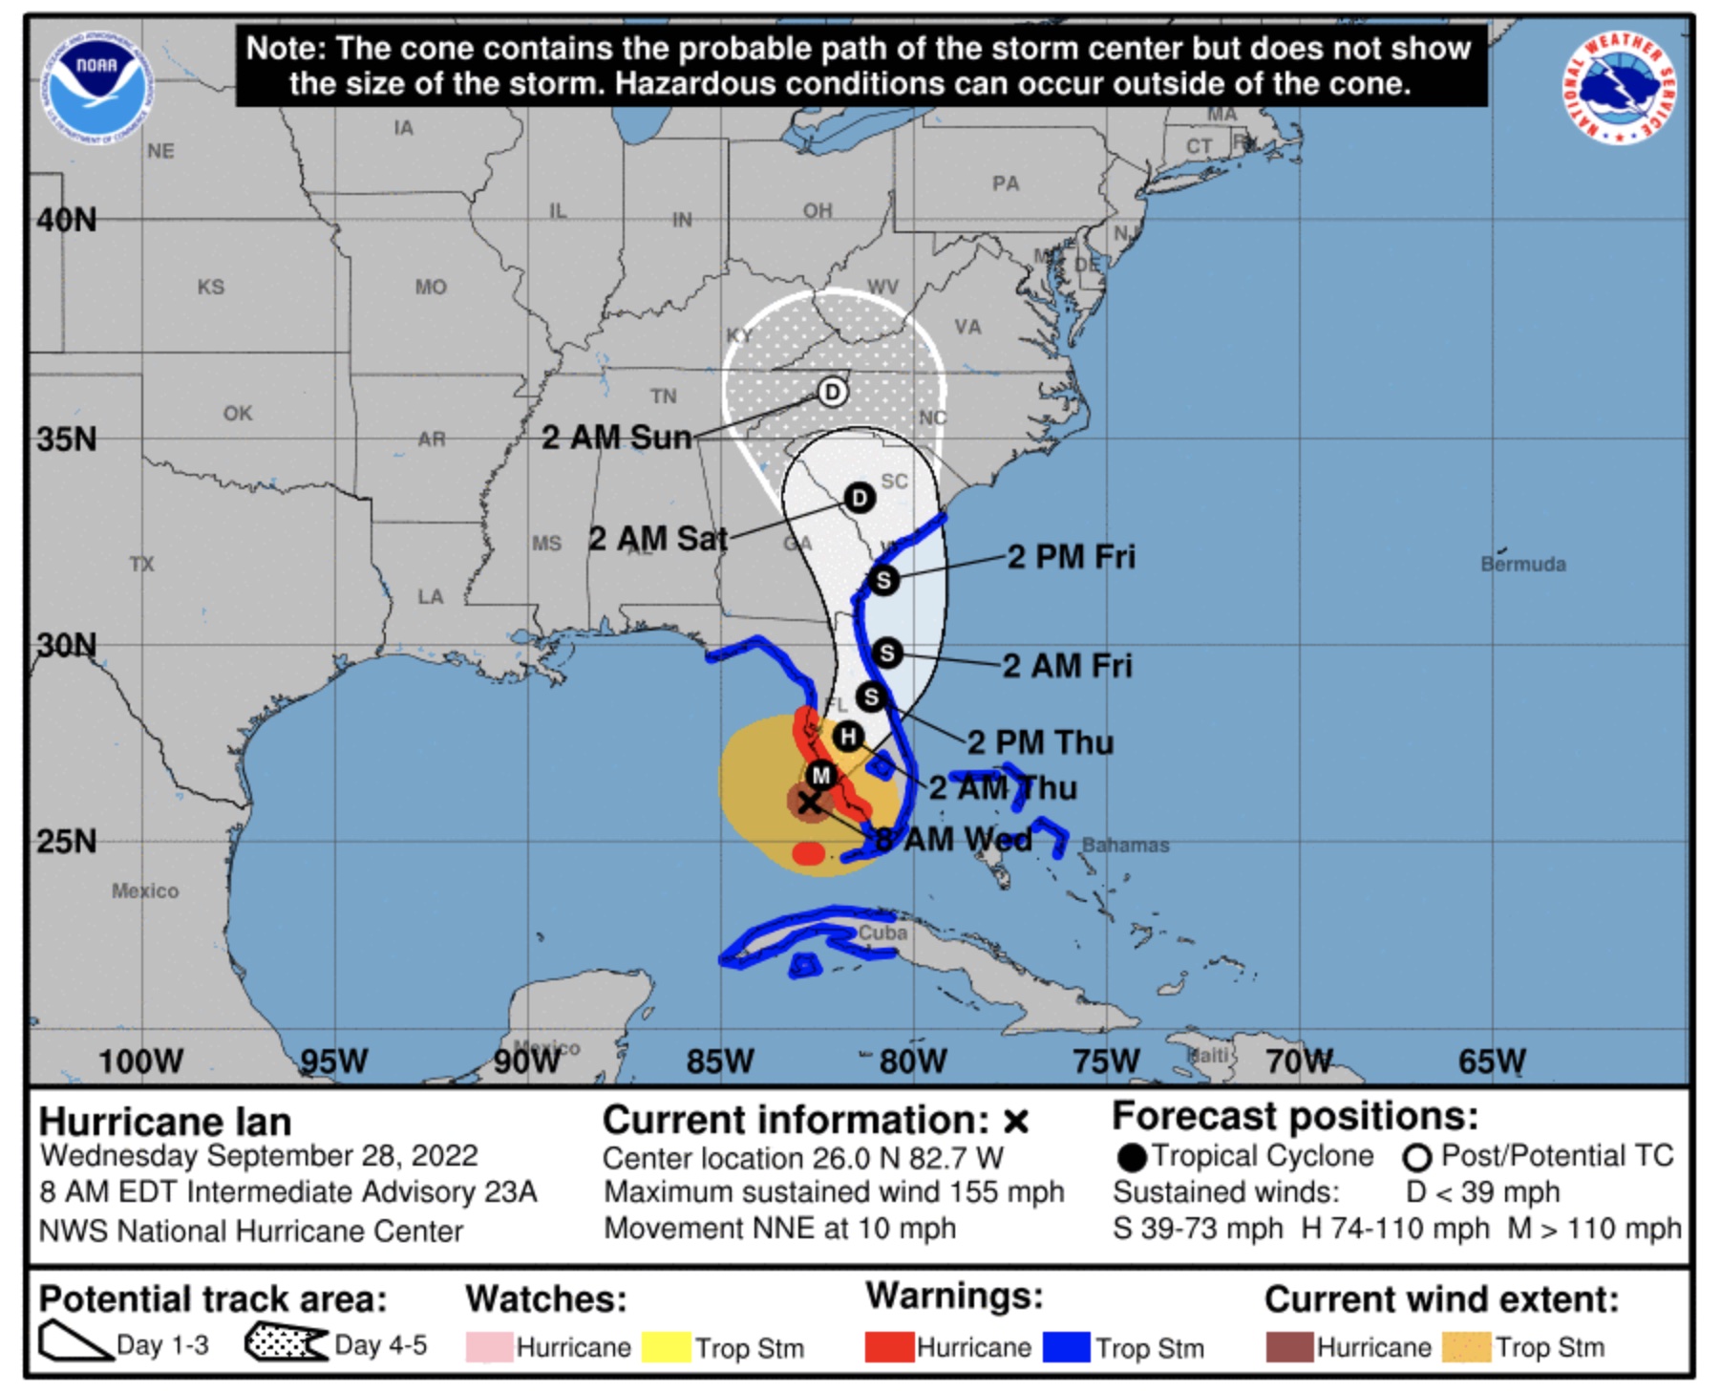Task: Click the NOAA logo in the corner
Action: click(96, 87)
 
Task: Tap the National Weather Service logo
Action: click(1620, 87)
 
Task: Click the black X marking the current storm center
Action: click(809, 802)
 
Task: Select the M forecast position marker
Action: click(820, 775)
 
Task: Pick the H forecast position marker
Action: click(848, 737)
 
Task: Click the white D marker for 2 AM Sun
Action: click(832, 392)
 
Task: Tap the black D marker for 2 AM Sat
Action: click(860, 498)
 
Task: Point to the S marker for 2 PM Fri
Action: click(883, 580)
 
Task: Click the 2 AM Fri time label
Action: click(1067, 666)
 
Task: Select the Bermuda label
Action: click(1522, 564)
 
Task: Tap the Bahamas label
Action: click(1125, 846)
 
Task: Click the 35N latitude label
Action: click(67, 439)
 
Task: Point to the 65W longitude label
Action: click(1491, 1061)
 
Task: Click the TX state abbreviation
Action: click(142, 564)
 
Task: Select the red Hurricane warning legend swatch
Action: click(888, 1347)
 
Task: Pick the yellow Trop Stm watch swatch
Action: click(666, 1347)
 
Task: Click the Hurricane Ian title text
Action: click(165, 1121)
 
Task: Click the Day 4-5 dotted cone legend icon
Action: click(286, 1343)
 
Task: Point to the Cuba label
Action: click(882, 932)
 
